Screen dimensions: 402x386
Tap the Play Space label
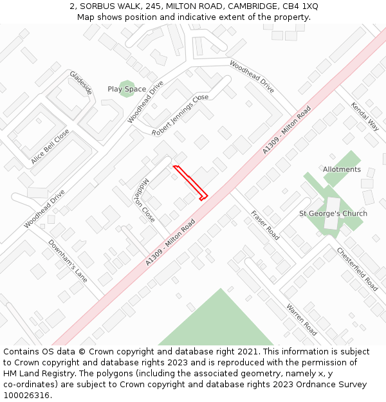pyautogui.click(x=127, y=89)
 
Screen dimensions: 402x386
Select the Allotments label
pyautogui.click(x=342, y=170)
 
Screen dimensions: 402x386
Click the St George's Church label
pyautogui.click(x=333, y=214)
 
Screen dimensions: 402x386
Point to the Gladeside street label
pyautogui.click(x=81, y=82)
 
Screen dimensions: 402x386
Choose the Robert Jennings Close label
pyautogui.click(x=181, y=114)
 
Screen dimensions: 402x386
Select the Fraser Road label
pyautogui.click(x=265, y=224)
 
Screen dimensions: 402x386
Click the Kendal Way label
pyautogui.click(x=364, y=116)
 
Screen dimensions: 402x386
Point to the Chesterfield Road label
pyautogui.click(x=357, y=269)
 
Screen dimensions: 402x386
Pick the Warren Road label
pyautogui.click(x=301, y=320)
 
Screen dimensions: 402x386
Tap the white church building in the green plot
pyautogui.click(x=331, y=214)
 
